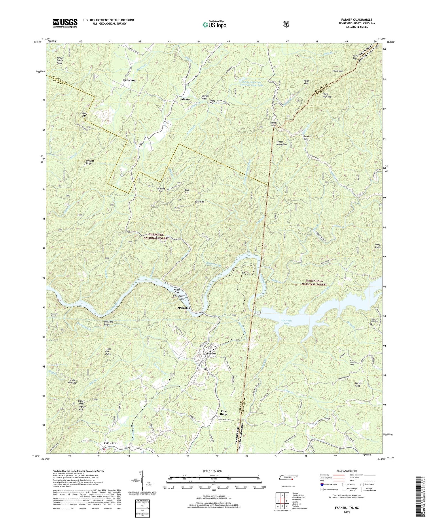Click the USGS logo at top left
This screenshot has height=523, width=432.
pyautogui.click(x=65, y=23)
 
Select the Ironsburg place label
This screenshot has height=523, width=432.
pyautogui.click(x=129, y=80)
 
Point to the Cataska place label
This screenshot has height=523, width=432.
pyautogui.click(x=185, y=99)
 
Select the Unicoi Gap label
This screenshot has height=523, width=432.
pyautogui.click(x=273, y=124)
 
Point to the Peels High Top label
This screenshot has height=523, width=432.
pyautogui.click(x=327, y=95)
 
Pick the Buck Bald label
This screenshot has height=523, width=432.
pyautogui.click(x=187, y=191)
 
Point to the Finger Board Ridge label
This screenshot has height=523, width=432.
pyautogui.click(x=60, y=60)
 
